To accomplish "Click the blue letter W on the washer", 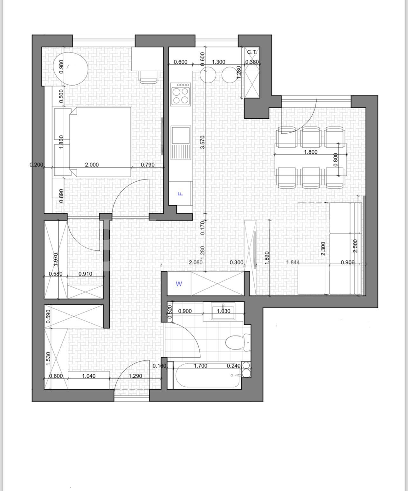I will click(x=179, y=284).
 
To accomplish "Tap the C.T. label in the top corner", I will click(x=252, y=52).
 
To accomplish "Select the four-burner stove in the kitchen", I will click(x=180, y=94).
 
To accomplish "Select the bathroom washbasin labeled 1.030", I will click(x=223, y=311).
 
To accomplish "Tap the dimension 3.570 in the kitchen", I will click(x=203, y=142).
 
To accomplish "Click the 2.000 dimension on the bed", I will click(x=92, y=165).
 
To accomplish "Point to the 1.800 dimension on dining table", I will click(x=311, y=152).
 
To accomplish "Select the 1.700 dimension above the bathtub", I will click(x=201, y=366).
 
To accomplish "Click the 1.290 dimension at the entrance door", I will click(x=135, y=376).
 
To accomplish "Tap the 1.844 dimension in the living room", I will click(x=293, y=263).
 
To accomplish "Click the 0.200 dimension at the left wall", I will click(x=37, y=165).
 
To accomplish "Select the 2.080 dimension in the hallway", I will click(x=195, y=263).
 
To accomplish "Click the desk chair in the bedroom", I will click(x=149, y=77).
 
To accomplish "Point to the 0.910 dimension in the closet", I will click(x=85, y=274).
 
